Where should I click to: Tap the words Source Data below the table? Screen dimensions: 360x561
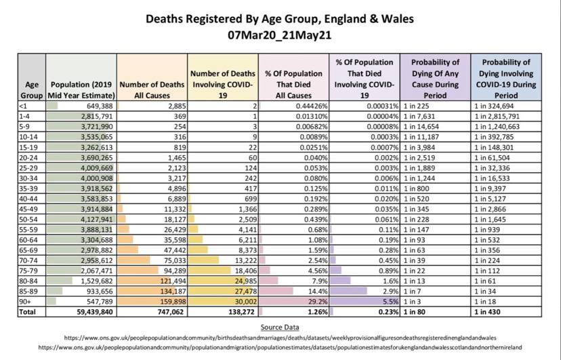(279, 327)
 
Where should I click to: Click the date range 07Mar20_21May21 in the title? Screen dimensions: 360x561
(280, 35)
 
